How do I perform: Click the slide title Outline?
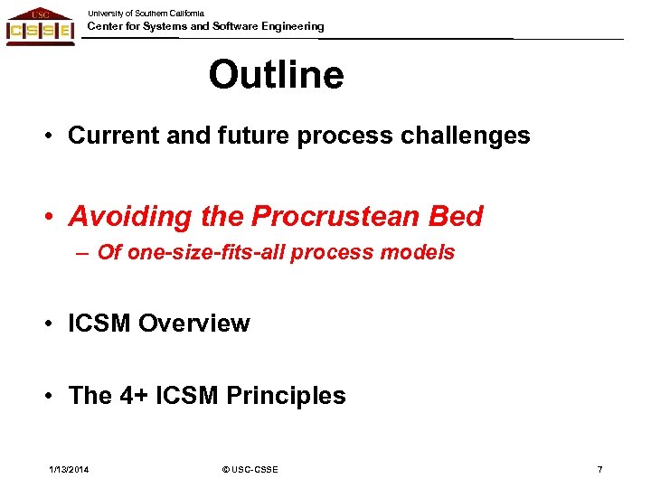click(x=276, y=75)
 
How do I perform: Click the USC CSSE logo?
click(x=40, y=26)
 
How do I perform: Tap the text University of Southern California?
click(x=146, y=13)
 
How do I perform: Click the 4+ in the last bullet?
click(x=136, y=396)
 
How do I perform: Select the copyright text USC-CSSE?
click(x=254, y=469)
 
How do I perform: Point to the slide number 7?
click(x=599, y=469)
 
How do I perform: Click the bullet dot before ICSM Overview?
click(x=55, y=324)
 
